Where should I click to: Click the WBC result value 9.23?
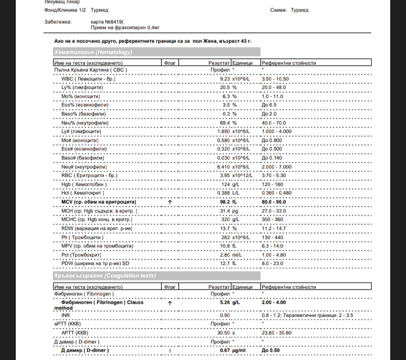[x=224, y=79]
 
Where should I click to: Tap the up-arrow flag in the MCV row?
[x=170, y=201]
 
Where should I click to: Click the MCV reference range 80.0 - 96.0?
[x=275, y=201]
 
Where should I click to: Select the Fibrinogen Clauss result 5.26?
[x=224, y=302]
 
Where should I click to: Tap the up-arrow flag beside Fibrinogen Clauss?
[x=170, y=302]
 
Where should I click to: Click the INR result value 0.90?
[x=224, y=315]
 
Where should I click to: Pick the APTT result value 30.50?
[x=223, y=333]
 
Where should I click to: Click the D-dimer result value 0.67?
[x=224, y=350]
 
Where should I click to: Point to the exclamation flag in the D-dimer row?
[x=170, y=350]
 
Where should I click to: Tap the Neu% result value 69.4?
[x=224, y=122]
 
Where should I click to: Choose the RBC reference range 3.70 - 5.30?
[x=275, y=175]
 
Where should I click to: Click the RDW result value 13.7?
[x=224, y=227]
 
